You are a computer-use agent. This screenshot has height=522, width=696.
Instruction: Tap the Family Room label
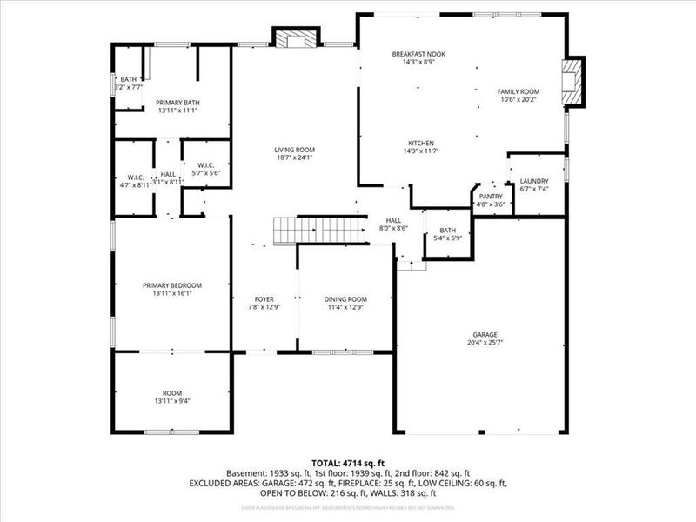point(519,91)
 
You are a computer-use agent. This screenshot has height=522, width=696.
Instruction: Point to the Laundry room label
point(534,181)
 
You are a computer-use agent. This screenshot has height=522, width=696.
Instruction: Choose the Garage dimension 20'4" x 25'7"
point(480,341)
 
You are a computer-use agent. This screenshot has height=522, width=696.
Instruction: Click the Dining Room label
point(345,298)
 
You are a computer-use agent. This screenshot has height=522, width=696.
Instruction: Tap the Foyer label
point(264,298)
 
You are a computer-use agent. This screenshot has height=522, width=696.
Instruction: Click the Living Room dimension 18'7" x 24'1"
point(294,157)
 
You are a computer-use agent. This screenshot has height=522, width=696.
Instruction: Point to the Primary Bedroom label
point(172,285)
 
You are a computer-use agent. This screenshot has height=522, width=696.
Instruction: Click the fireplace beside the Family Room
point(574,82)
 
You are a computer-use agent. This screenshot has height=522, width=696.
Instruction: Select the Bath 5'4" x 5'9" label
point(447,231)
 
